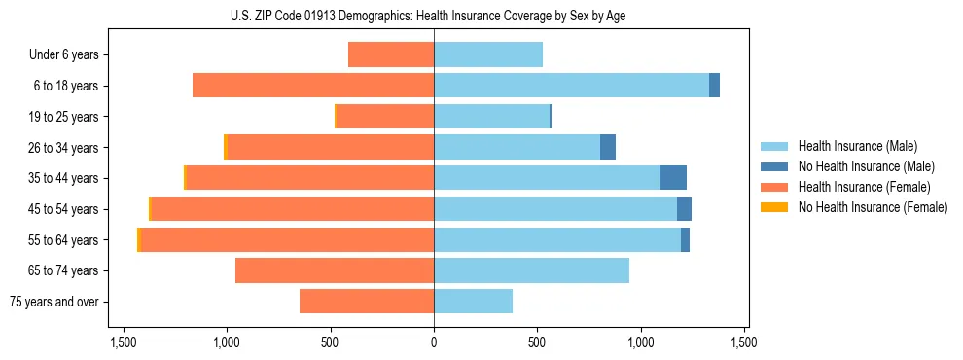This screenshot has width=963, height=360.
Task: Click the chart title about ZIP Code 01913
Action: [x=433, y=16]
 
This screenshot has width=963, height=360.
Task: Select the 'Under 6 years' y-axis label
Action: [x=63, y=54]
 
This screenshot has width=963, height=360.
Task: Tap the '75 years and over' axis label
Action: [x=53, y=302]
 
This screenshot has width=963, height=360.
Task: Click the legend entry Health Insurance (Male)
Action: [x=857, y=146]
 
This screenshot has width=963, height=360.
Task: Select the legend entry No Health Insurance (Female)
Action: [x=873, y=207]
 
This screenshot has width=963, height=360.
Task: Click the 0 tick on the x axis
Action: [x=434, y=342]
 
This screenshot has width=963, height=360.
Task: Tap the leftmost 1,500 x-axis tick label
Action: [x=124, y=342]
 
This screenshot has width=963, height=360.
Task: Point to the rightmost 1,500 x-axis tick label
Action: [x=744, y=342]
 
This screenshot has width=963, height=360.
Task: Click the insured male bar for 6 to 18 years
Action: [x=571, y=86]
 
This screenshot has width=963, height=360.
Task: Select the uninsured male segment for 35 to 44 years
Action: [x=673, y=178]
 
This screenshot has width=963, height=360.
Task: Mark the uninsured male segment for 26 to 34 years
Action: [x=608, y=147]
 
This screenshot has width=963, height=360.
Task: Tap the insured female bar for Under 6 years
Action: [x=391, y=54]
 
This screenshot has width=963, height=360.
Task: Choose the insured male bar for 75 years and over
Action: [x=473, y=302]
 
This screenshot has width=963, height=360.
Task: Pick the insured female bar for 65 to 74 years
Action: [x=335, y=270]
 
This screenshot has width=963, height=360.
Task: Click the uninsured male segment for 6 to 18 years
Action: [x=714, y=86]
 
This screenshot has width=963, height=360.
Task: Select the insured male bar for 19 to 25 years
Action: [x=491, y=117]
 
